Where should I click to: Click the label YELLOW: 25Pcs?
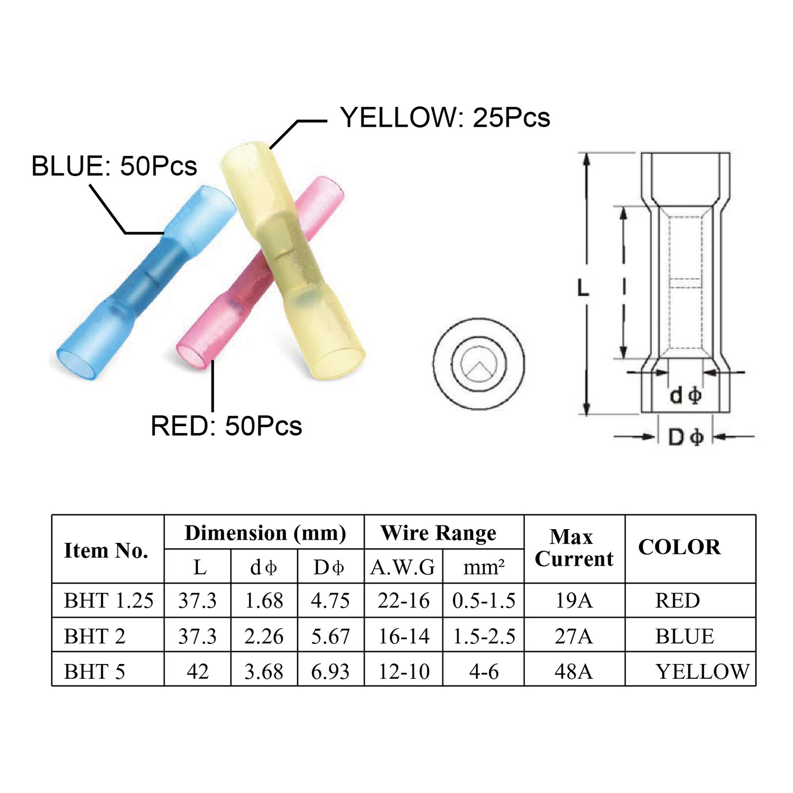[x=445, y=117]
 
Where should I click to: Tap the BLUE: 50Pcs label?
[x=114, y=166]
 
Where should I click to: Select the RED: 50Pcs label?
[x=226, y=426]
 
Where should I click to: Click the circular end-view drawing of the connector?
[x=478, y=364]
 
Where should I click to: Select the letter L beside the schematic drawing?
[x=583, y=288]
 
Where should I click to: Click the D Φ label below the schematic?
[x=686, y=437]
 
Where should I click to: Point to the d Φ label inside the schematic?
[x=685, y=395]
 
